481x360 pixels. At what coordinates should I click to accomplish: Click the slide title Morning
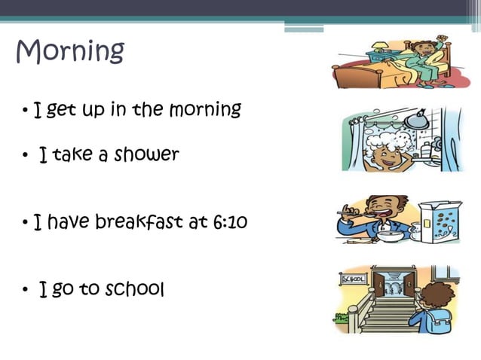[x=70, y=51]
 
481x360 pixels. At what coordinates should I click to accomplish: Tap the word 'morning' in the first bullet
[x=205, y=110]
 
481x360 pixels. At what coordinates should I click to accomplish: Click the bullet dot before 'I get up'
[x=25, y=112]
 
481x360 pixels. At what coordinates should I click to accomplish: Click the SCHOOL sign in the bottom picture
[x=353, y=279]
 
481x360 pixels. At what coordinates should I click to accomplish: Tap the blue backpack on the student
[x=436, y=319]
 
